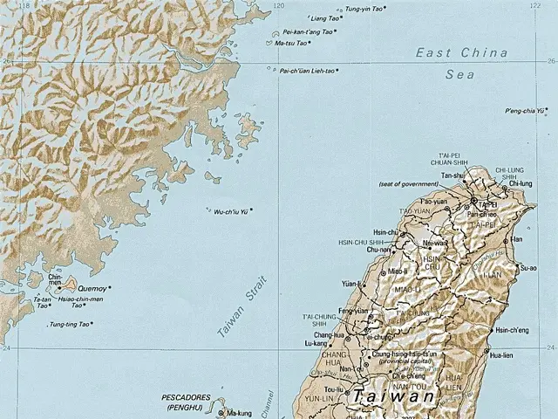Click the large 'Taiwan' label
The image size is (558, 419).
[x=393, y=396]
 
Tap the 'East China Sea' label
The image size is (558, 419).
[x=460, y=64]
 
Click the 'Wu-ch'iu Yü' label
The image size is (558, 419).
[x=230, y=211]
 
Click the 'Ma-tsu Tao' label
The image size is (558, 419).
[x=290, y=43]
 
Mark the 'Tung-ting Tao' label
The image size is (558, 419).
[x=69, y=325]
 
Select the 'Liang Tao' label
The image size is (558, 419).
[x=325, y=18]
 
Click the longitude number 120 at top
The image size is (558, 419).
[x=278, y=5]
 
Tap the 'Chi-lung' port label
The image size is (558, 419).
[x=520, y=183]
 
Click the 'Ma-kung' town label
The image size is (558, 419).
[x=239, y=413]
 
